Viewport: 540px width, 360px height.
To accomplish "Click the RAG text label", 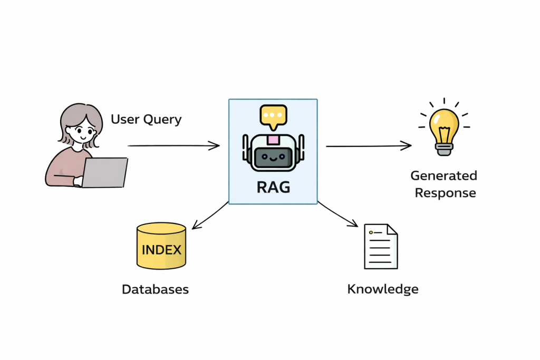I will coord(273,186).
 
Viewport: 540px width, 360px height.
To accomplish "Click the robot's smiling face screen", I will coord(273,157).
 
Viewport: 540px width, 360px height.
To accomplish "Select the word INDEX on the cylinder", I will coord(161,249).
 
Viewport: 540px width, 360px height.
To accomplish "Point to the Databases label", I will coord(155,289).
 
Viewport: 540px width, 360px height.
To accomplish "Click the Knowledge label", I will coord(383,289).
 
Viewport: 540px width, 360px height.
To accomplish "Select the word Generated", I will coord(443,176).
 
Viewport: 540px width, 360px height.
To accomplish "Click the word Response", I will coord(445,193).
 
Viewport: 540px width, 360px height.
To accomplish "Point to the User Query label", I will coord(146,119).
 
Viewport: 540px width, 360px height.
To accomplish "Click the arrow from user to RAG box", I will coord(173,145).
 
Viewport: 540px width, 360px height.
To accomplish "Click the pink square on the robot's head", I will coord(273,140).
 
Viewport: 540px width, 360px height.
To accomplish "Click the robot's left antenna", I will coord(245,148).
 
